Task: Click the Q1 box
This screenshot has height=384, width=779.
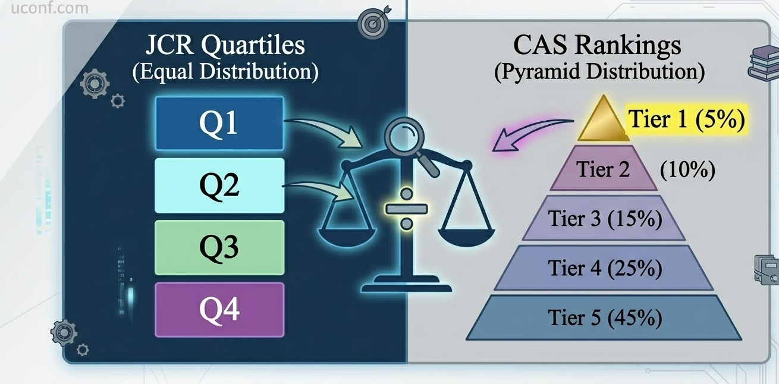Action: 218,123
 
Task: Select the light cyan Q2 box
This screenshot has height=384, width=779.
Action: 218,185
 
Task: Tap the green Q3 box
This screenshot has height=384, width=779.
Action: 218,247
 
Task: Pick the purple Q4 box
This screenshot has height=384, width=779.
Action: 218,309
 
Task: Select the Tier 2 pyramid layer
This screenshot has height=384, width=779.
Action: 603,170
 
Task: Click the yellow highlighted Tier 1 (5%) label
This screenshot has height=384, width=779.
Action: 686,119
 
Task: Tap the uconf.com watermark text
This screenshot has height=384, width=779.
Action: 45,8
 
